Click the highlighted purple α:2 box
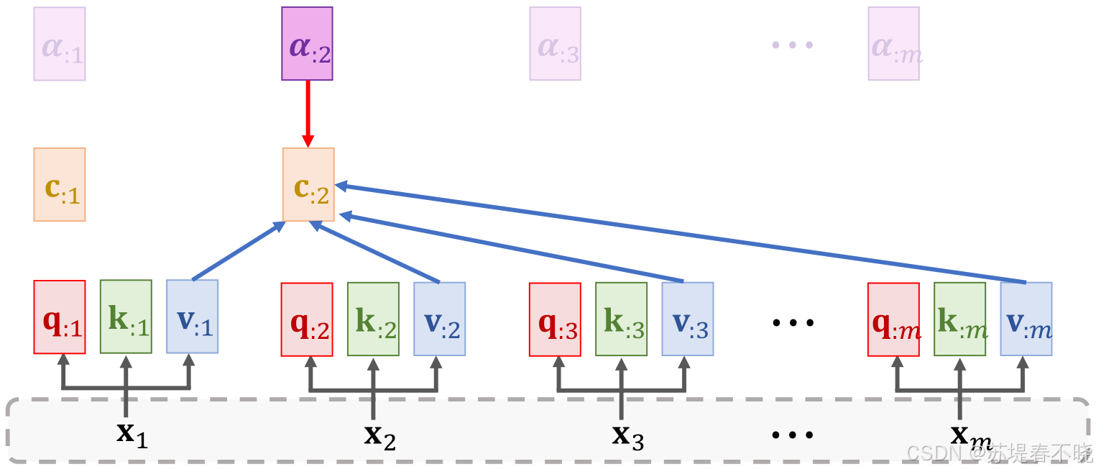(x=307, y=44)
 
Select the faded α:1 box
(x=60, y=44)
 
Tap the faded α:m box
(x=893, y=44)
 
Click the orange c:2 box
(x=308, y=184)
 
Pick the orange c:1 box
(x=60, y=184)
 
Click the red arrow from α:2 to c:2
(x=308, y=112)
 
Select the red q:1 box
(x=60, y=317)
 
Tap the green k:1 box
(x=126, y=317)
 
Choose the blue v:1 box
(x=192, y=317)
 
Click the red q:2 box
(x=307, y=319)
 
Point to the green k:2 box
(x=373, y=319)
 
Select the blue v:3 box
(x=688, y=319)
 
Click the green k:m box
(x=959, y=319)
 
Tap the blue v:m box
(x=1026, y=319)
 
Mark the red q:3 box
(x=555, y=319)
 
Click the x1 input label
(x=132, y=434)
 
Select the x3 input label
(x=627, y=435)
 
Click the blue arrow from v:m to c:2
(x=683, y=233)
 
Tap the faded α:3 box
(x=556, y=44)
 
